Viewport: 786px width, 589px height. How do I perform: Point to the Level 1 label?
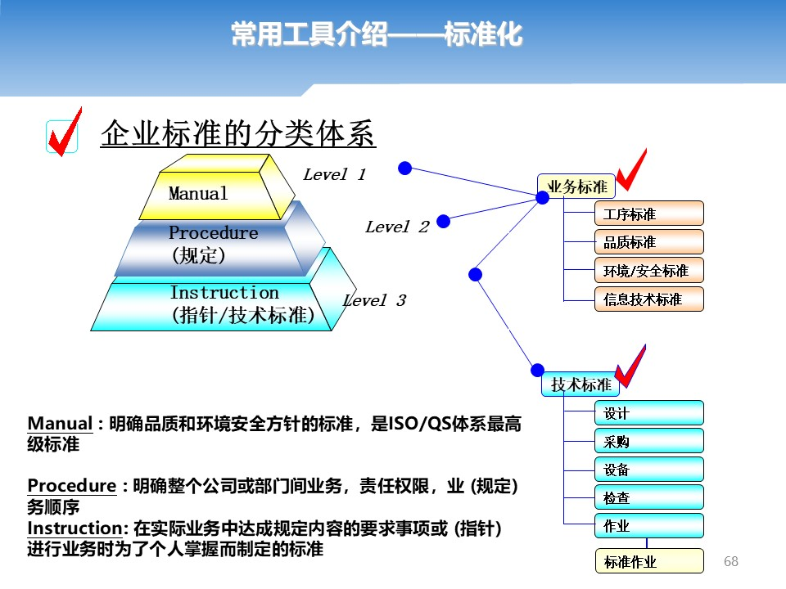tap(334, 174)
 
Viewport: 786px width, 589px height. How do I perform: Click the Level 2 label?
tap(397, 227)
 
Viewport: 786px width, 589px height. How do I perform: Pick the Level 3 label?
tap(374, 300)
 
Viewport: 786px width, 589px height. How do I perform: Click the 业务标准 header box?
tap(576, 187)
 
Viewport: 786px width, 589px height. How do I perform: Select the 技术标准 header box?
tap(580, 384)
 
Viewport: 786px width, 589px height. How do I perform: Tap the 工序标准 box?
tap(649, 214)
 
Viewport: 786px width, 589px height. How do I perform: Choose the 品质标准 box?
tap(649, 242)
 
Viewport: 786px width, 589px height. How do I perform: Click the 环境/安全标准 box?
tap(649, 271)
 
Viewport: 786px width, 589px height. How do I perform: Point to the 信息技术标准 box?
tap(649, 299)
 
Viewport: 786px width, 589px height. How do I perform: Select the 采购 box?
tap(649, 441)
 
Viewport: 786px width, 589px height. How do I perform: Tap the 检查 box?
tap(649, 497)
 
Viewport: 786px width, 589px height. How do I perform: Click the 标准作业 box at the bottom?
tap(649, 561)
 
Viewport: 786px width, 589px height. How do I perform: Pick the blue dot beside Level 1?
tap(405, 169)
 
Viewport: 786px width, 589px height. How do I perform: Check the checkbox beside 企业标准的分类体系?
tap(62, 137)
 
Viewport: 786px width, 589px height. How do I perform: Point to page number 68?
tap(731, 561)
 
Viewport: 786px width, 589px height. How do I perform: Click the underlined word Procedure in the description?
tap(72, 485)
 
